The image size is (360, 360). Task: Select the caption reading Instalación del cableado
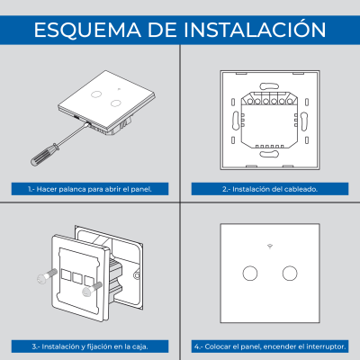pos(270,190)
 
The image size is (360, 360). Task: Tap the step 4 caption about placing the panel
pos(270,346)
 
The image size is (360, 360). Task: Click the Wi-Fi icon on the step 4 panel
pos(270,246)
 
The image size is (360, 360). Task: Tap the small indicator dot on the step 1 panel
pos(105,90)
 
